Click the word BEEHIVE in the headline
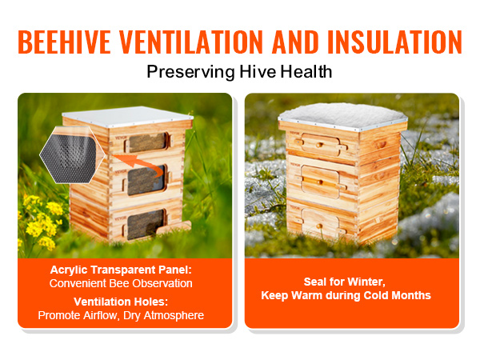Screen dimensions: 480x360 coord(64,42)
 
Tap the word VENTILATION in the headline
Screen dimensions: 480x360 coord(191,42)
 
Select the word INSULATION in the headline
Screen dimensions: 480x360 coord(394,42)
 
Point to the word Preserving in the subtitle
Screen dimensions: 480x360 coord(190,72)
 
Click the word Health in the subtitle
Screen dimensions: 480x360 coord(306,71)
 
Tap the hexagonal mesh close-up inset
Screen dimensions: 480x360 coord(73,155)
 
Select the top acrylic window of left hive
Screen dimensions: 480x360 coord(148,142)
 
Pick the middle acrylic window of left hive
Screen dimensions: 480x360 coord(146,181)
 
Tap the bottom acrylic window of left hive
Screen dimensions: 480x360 coord(146,224)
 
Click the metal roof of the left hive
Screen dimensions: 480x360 coord(127,116)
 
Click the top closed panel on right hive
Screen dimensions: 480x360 coord(320,145)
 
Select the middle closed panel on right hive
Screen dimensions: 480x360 coord(320,182)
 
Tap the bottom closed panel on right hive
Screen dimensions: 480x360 coord(320,224)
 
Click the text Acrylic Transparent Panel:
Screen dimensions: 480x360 coord(121,270)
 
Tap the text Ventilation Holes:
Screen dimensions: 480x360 coord(121,302)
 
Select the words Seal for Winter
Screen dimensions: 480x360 coord(344,282)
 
